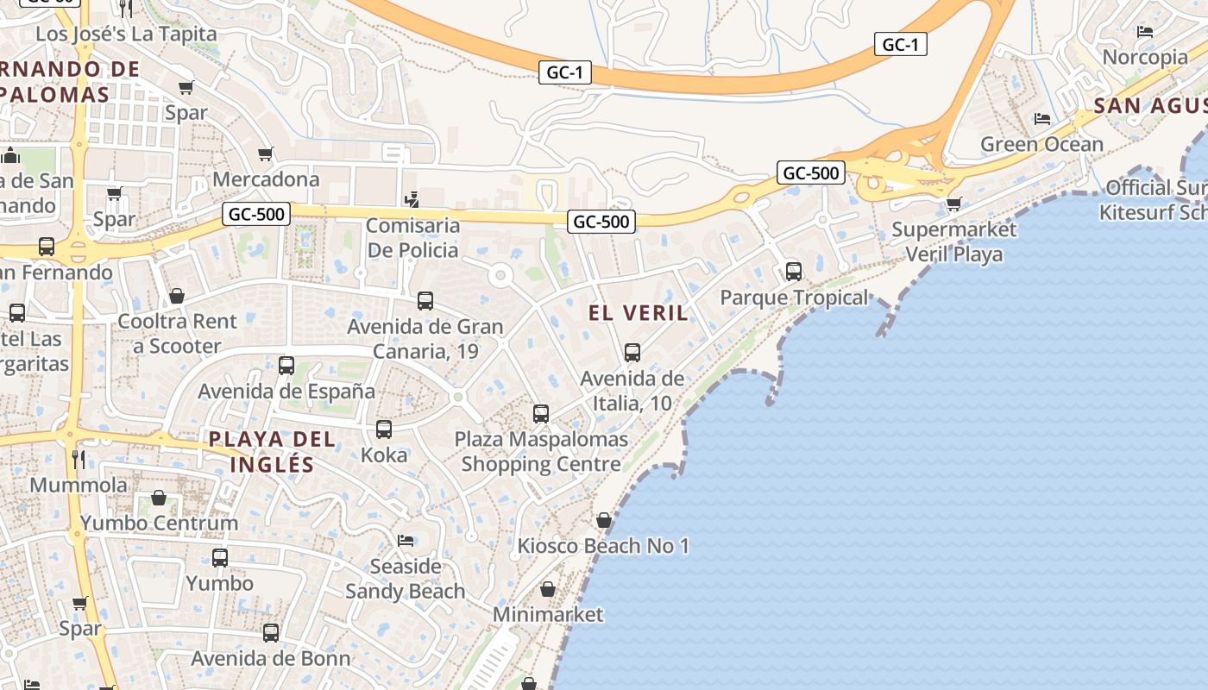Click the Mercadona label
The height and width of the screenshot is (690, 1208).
pyautogui.click(x=266, y=179)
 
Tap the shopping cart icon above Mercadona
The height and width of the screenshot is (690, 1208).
pyautogui.click(x=266, y=154)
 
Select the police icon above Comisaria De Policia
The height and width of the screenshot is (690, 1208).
pyautogui.click(x=412, y=200)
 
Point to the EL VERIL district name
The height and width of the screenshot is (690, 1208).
pyautogui.click(x=639, y=313)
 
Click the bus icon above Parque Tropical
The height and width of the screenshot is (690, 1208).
pyautogui.click(x=794, y=272)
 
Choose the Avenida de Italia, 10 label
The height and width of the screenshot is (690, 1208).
pyautogui.click(x=632, y=391)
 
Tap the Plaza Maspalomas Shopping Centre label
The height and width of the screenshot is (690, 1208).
pyautogui.click(x=541, y=451)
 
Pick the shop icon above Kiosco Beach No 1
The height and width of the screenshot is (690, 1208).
pyautogui.click(x=604, y=520)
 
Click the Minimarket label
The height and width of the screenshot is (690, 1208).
pyautogui.click(x=548, y=615)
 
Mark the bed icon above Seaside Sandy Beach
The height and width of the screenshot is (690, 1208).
pyautogui.click(x=406, y=541)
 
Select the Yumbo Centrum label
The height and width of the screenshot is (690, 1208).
pyautogui.click(x=159, y=523)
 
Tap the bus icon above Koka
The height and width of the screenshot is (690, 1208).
pyautogui.click(x=384, y=429)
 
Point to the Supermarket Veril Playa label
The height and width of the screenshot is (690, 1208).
pyautogui.click(x=953, y=241)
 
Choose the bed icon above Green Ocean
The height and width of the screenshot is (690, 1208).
pyautogui.click(x=1042, y=118)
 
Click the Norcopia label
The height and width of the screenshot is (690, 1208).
pyautogui.click(x=1145, y=58)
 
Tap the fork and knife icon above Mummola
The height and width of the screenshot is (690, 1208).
pyautogui.click(x=79, y=459)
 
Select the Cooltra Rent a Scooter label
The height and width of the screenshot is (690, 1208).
pyautogui.click(x=177, y=334)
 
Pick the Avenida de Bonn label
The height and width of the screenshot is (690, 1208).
pyautogui.click(x=271, y=659)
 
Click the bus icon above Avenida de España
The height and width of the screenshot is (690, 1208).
pyautogui.click(x=286, y=366)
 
